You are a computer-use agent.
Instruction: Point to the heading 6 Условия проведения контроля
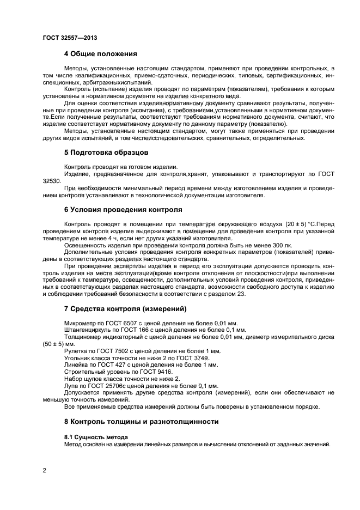click(123, 209)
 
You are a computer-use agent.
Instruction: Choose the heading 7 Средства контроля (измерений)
click(125, 309)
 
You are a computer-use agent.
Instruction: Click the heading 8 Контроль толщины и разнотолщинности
click(141, 421)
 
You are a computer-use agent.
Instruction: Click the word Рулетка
click(76, 351)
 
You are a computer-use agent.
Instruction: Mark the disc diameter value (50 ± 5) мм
click(53, 344)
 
